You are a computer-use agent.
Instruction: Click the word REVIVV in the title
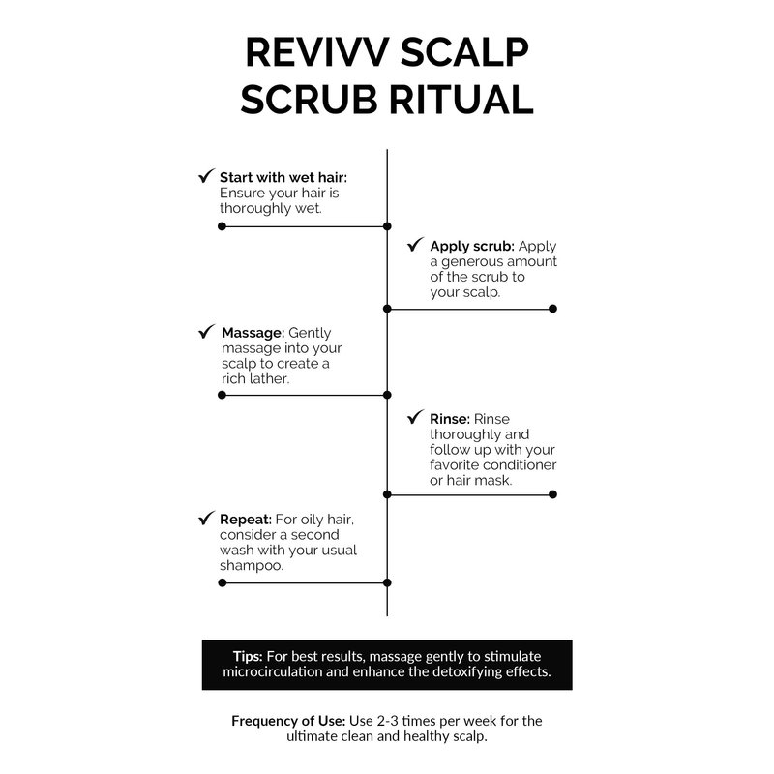pos(308,53)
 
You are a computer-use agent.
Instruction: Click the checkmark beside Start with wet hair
pos(206,177)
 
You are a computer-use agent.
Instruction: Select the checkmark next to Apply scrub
pos(416,246)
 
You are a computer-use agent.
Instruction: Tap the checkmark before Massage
pos(206,332)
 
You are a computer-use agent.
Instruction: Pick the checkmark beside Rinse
pos(416,419)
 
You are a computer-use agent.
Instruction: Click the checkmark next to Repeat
pos(206,519)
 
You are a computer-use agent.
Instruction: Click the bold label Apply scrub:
pos(472,247)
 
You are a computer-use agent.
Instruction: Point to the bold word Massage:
pos(253,333)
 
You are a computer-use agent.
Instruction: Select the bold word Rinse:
pos(450,420)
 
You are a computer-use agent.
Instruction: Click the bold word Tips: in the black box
pos(248,655)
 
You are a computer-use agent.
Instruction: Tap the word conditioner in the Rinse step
pos(520,465)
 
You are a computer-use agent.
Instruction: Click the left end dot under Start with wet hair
pos(222,226)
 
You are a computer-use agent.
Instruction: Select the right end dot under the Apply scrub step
pos(552,309)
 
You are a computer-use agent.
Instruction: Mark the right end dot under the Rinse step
pos(552,494)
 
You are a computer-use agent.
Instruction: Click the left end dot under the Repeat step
pos(222,582)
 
